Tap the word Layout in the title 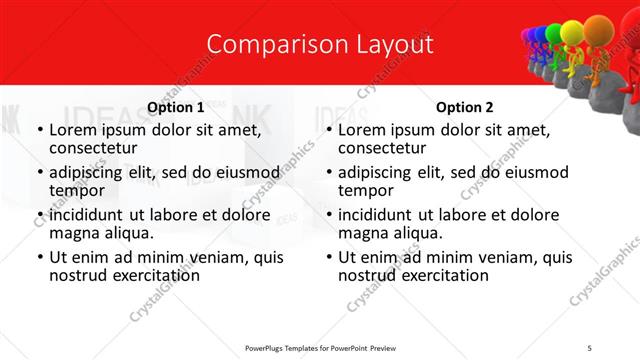click(394, 45)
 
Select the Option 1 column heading click(175, 107)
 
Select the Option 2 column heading click(465, 107)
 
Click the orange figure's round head click(598, 27)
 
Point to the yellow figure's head click(570, 32)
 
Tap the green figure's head click(553, 35)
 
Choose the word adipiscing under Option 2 click(376, 172)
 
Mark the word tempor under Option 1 click(74, 190)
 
